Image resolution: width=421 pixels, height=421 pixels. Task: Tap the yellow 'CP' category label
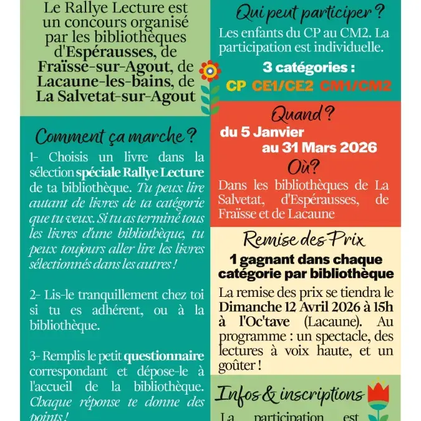pyautogui.click(x=236, y=85)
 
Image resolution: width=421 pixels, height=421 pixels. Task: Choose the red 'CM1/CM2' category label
pyautogui.click(x=356, y=85)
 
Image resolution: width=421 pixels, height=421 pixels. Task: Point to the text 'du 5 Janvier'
pyautogui.click(x=262, y=132)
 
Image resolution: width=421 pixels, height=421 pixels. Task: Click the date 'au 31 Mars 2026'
pyautogui.click(x=319, y=148)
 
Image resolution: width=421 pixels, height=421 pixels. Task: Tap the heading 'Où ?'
pyautogui.click(x=304, y=167)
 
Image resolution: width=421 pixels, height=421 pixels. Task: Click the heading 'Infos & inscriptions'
pyautogui.click(x=289, y=395)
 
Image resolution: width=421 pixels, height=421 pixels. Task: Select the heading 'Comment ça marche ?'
pyautogui.click(x=116, y=135)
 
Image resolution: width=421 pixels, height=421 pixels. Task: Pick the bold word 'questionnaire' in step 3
pyautogui.click(x=164, y=356)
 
